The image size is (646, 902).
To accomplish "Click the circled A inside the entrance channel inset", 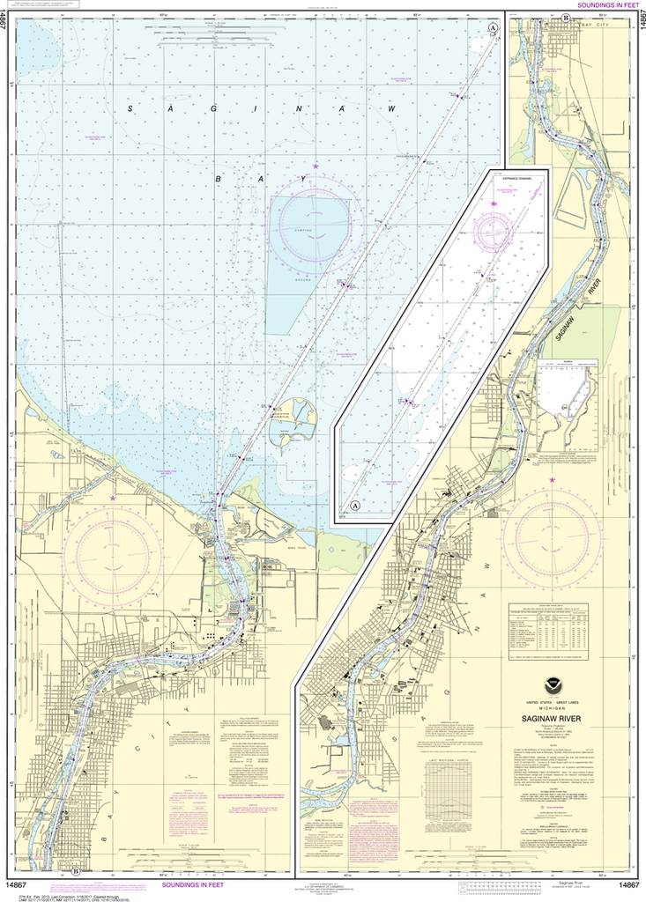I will [355, 506].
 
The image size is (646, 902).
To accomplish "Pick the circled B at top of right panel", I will [565, 18].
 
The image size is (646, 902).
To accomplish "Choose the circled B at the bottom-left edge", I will [77, 872].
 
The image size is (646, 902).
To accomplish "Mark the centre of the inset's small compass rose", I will [494, 230].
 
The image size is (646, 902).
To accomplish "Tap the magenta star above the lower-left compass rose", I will [112, 499].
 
